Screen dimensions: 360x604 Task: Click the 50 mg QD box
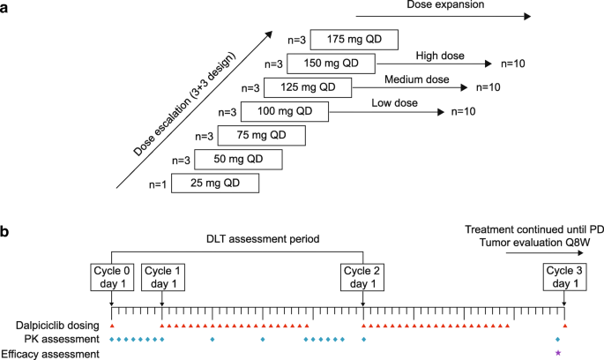click(238, 159)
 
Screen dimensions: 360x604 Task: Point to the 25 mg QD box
click(215, 183)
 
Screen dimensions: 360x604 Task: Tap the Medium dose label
click(417, 79)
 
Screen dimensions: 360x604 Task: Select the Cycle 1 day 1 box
click(161, 276)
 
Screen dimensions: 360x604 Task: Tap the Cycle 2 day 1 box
click(363, 276)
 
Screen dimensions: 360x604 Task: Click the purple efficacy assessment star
click(558, 353)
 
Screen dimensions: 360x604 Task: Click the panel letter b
click(6, 233)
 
